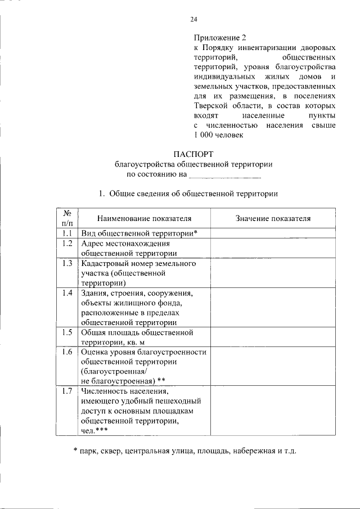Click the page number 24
193,19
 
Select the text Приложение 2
220,38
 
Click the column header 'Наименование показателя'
144,218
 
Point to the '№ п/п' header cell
66,218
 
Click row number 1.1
66,233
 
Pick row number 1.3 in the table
66,263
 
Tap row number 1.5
66,332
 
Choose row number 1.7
66,391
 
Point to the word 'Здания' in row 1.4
94,293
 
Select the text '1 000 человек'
218,135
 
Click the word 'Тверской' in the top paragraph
210,106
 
